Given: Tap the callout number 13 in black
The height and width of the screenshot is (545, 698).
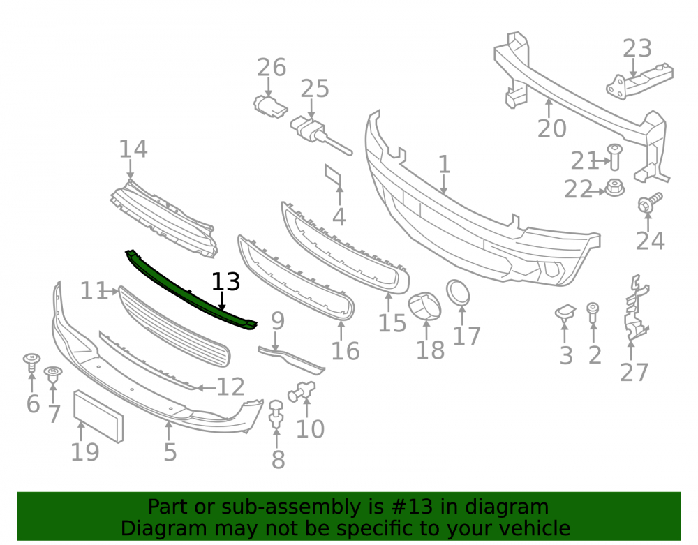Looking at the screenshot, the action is tap(225, 282).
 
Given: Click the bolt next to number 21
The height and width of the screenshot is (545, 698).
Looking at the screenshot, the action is tap(615, 156).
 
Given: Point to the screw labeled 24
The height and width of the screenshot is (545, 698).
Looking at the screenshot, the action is tap(650, 202).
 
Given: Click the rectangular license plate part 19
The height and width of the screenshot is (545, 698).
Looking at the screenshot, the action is tap(98, 416).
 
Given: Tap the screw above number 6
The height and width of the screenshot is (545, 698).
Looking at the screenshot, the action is tap(31, 362).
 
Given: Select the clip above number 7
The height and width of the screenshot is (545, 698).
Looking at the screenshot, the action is tap(53, 375).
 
